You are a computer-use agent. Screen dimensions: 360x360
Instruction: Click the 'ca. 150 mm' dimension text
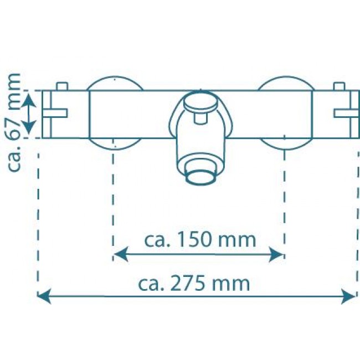[x=200, y=240]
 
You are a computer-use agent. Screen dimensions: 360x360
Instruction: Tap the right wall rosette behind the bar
[x=284, y=83]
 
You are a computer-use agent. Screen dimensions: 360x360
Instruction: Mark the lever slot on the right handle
[x=343, y=113]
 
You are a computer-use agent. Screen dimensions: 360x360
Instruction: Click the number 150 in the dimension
[x=193, y=240]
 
